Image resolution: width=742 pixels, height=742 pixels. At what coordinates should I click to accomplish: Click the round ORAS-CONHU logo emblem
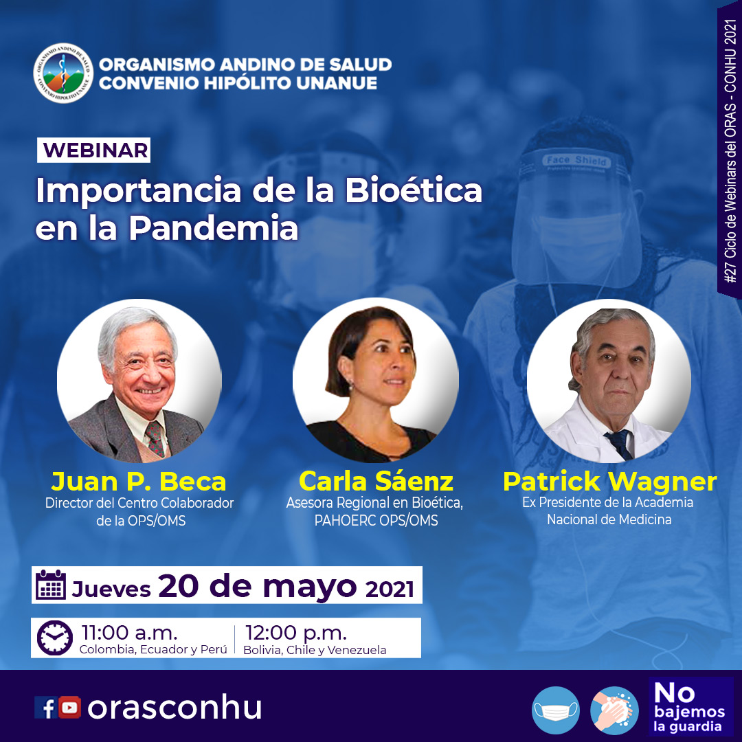tap(63, 74)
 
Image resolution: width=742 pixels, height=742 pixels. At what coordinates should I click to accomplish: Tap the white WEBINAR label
tap(93, 150)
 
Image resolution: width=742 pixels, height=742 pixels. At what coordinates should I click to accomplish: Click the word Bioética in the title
tap(413, 190)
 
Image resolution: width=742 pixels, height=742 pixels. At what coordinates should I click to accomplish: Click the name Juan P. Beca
tap(139, 482)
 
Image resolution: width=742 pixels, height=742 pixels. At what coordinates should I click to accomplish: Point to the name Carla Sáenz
tap(376, 481)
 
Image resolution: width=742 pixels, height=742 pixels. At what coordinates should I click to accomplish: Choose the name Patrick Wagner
tap(609, 482)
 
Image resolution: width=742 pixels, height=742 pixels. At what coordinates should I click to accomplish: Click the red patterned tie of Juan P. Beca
tap(155, 438)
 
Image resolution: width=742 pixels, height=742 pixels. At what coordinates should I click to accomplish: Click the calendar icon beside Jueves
tap(51, 585)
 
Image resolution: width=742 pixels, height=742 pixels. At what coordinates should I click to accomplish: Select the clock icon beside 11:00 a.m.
tap(55, 638)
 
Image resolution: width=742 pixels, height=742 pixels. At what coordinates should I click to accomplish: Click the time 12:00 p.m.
tap(295, 632)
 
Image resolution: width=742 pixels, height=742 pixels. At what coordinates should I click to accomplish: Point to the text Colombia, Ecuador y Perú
tap(153, 649)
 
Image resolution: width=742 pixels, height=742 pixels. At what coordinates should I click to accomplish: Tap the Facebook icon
tap(46, 708)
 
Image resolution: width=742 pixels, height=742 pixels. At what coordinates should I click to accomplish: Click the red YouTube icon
tap(69, 708)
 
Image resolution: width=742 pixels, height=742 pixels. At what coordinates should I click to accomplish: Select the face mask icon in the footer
tap(556, 710)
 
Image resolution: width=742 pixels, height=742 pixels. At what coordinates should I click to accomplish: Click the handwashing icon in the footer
tap(614, 710)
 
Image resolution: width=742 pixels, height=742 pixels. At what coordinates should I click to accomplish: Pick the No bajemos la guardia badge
tap(691, 706)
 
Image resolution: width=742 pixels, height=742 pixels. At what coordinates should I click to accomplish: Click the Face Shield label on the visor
tap(576, 160)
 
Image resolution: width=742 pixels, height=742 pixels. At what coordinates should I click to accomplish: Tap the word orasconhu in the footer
tap(175, 708)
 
